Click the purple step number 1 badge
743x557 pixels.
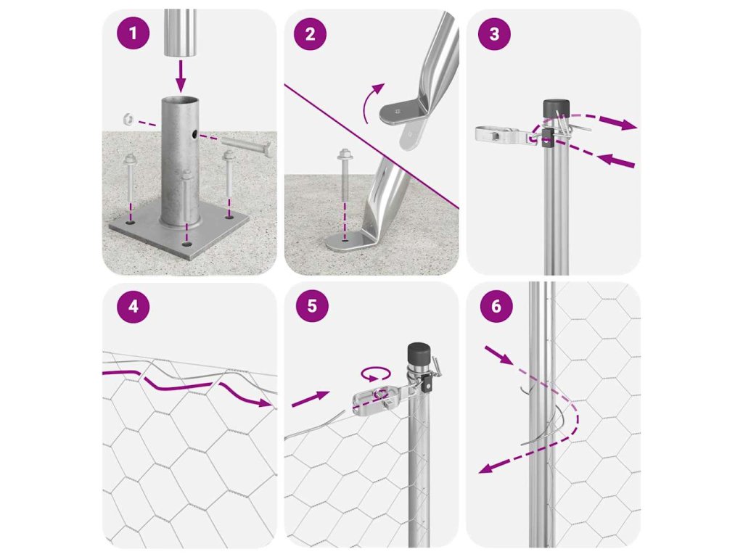(134, 33)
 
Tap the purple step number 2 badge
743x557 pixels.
(310, 33)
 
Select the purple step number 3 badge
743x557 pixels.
(494, 33)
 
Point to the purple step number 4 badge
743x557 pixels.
(134, 307)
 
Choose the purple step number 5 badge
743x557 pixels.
(312, 306)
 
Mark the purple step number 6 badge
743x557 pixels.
(496, 306)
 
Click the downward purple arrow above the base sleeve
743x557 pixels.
(180, 75)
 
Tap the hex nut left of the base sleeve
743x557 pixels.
(127, 118)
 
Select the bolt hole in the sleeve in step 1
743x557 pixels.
(195, 135)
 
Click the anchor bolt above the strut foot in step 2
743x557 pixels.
(344, 176)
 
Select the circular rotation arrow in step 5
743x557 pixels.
(376, 374)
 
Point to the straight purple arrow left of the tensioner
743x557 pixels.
(311, 400)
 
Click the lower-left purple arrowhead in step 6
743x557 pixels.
(486, 468)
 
